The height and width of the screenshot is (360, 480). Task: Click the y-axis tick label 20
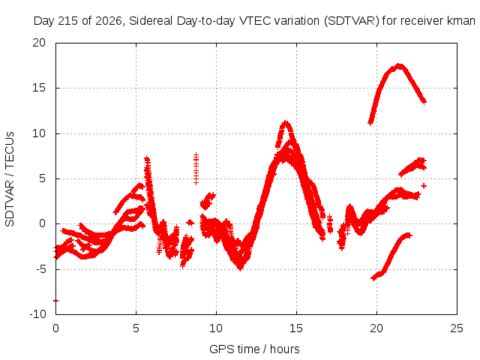point(39,43)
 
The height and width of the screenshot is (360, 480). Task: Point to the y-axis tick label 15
point(39,88)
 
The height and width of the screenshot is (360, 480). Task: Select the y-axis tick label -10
point(37,314)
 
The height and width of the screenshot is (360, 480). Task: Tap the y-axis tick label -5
point(41,269)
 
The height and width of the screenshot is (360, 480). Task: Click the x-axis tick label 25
point(457,328)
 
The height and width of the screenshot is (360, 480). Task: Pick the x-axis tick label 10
point(216,328)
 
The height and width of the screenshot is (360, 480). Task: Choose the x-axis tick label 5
point(136,328)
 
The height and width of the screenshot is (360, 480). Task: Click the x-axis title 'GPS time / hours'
point(254,349)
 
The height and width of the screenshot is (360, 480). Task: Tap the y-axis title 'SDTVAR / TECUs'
point(10,179)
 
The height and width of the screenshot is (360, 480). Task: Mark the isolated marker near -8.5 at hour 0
point(55,301)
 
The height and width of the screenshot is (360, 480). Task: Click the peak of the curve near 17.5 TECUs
point(399,65)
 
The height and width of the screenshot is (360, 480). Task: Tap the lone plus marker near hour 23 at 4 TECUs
point(424,186)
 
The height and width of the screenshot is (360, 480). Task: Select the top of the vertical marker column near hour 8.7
point(196,154)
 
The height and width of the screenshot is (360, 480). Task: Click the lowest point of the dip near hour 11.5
point(241,269)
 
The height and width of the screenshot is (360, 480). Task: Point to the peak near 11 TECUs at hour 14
point(286,121)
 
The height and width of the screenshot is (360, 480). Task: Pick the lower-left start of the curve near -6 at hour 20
point(373,278)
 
